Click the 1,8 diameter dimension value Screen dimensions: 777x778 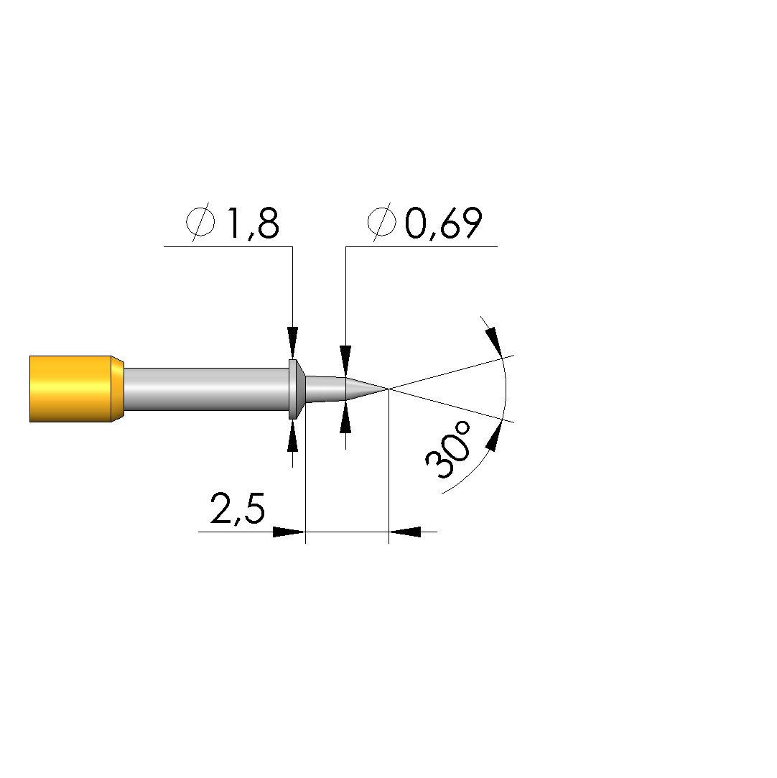(253, 223)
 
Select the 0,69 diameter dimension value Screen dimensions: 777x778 (443, 223)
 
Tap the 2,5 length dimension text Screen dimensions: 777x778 (238, 509)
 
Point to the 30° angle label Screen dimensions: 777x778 (448, 450)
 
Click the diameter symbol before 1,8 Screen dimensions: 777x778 (201, 222)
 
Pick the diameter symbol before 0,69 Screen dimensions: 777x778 (382, 222)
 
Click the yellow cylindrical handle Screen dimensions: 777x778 (70, 389)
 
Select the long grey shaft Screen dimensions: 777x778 (206, 389)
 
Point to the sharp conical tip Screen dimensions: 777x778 (366, 389)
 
